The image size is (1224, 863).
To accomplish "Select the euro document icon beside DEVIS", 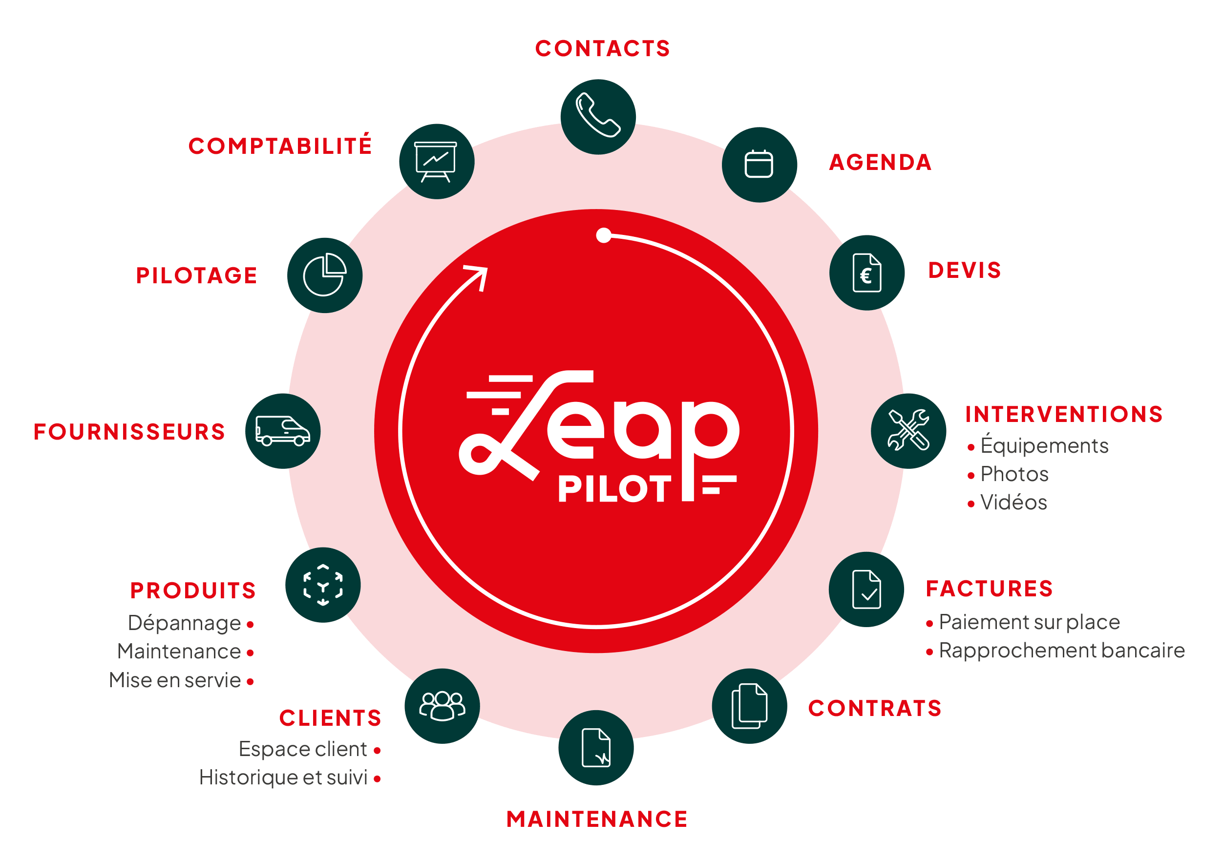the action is click(x=867, y=273).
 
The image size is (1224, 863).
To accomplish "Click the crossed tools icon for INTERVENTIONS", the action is click(x=908, y=430).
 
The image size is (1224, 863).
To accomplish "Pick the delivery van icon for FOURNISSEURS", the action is click(x=282, y=431).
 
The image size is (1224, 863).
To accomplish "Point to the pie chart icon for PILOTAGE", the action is click(x=325, y=274).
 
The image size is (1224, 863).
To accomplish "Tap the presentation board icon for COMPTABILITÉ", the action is click(x=436, y=162).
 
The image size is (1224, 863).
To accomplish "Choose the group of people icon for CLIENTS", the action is click(x=442, y=706).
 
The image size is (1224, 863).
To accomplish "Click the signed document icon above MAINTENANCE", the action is click(x=596, y=747).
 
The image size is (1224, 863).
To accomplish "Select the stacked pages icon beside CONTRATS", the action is click(x=750, y=706).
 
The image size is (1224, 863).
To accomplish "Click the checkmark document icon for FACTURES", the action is click(x=866, y=589).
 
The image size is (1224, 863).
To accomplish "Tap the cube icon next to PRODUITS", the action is click(x=322, y=585).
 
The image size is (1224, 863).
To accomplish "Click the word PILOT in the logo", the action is click(x=614, y=489).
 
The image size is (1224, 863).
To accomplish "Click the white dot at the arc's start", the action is click(x=604, y=235).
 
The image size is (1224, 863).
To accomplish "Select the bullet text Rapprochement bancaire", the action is click(x=1061, y=651).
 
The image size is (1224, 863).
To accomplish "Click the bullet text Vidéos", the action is click(x=1013, y=502).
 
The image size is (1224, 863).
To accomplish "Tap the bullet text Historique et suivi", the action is click(x=283, y=778).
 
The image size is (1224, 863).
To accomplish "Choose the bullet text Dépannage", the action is click(x=185, y=624).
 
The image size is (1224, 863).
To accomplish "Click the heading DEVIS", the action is click(x=964, y=270).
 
